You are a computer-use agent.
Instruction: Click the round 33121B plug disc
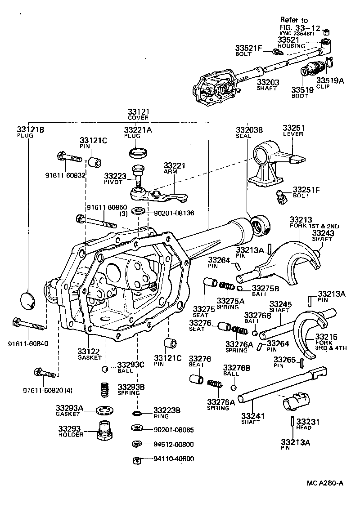(28, 299)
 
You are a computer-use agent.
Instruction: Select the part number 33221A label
(138, 130)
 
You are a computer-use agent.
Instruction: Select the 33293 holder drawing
(105, 430)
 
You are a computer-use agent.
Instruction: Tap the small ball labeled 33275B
(240, 288)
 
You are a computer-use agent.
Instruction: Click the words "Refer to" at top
(294, 20)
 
